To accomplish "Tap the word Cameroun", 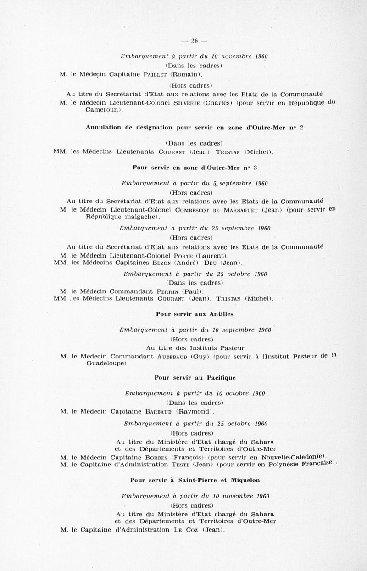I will coord(102,110).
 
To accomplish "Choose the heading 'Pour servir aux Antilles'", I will coord(195,314).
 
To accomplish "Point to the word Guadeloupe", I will coord(106,364).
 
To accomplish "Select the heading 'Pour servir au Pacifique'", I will coord(195,378).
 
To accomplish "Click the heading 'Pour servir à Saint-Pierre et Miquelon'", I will coord(195,480).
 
